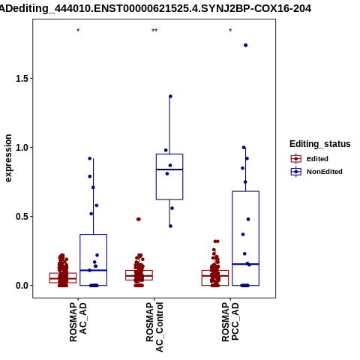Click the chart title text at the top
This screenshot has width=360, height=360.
[155, 8]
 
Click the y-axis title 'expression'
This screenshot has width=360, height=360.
[8, 158]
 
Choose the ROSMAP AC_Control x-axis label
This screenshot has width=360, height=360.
[154, 327]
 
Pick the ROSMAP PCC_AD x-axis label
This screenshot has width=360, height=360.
[230, 322]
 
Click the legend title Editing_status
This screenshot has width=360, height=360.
[320, 144]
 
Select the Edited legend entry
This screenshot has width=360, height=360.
[310, 159]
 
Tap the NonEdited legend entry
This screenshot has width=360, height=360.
[316, 172]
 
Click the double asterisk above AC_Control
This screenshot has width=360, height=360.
[154, 31]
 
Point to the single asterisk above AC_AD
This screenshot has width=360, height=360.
[78, 31]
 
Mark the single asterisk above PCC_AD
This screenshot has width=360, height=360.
[230, 31]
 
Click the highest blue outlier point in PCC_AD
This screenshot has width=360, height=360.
[246, 45]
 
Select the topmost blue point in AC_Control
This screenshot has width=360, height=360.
[170, 96]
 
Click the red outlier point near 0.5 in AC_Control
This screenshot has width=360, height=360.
[139, 219]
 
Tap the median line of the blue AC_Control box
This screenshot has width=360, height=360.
[169, 169]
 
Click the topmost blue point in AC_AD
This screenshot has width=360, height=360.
[90, 158]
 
